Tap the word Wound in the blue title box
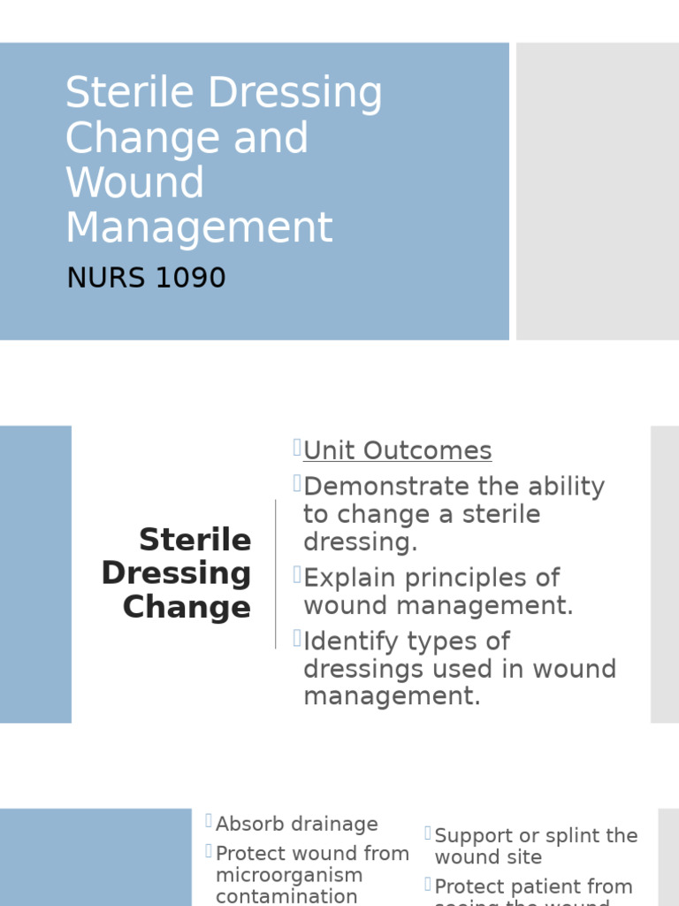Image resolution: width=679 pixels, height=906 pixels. click(134, 182)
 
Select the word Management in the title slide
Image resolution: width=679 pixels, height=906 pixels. click(199, 226)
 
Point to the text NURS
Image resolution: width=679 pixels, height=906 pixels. click(104, 278)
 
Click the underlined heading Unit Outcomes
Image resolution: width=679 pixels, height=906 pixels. click(397, 450)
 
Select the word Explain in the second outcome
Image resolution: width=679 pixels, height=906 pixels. click(350, 578)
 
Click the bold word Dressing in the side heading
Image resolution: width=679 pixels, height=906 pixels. click(176, 573)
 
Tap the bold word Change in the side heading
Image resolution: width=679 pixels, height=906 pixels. click(187, 607)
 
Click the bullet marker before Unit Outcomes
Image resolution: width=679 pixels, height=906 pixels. click(297, 449)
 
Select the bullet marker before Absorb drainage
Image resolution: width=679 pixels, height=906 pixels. click(209, 821)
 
